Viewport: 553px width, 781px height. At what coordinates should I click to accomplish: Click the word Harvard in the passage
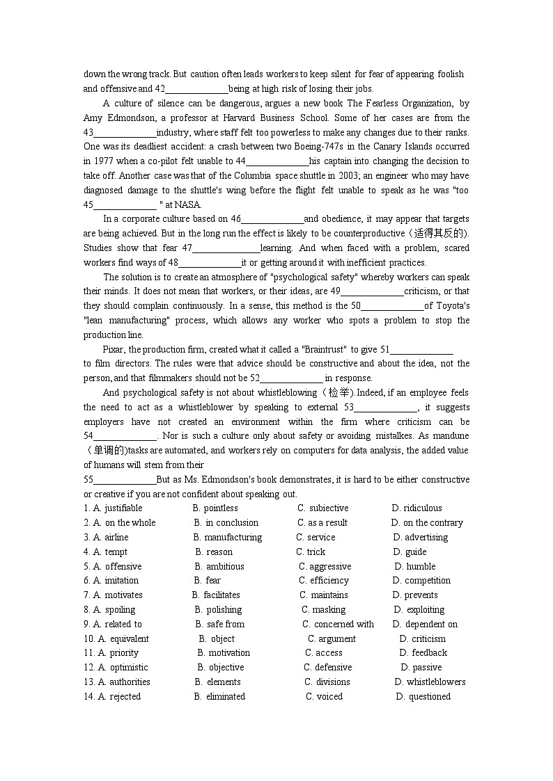point(237,118)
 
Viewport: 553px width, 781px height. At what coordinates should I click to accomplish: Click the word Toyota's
point(453,306)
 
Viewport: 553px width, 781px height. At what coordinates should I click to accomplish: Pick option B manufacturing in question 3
point(233,538)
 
